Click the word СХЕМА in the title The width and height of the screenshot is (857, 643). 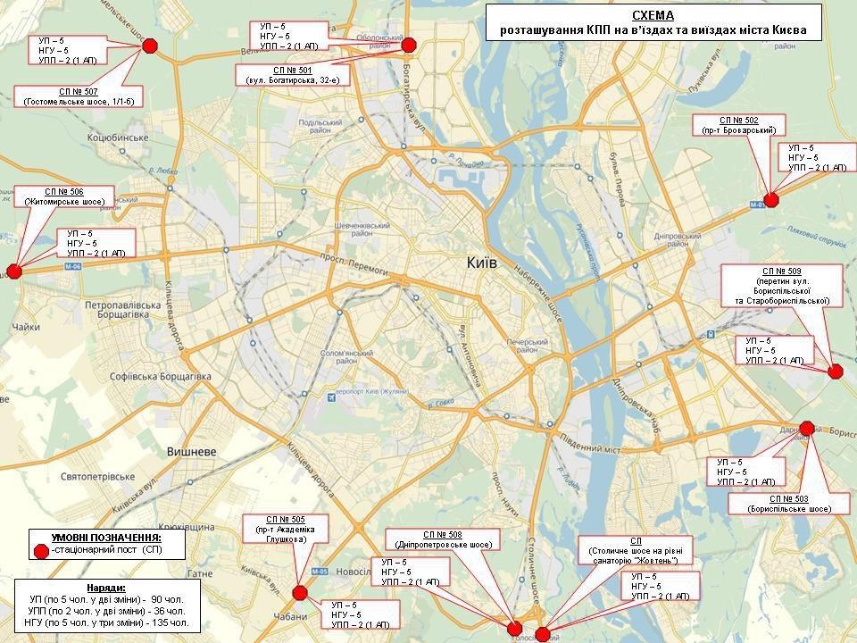pos(653,15)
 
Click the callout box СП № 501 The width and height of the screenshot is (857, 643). pos(293,75)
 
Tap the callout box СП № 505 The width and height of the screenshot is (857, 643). pos(286,530)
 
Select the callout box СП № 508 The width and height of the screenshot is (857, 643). pos(444,539)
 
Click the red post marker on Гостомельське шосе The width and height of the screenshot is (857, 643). pos(150,46)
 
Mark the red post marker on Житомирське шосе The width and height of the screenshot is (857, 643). pos(13,271)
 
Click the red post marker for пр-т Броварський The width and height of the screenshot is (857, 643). pos(772,200)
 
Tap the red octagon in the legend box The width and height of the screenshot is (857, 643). pos(39,552)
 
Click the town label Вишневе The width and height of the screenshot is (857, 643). pos(192,452)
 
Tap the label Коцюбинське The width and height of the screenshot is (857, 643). pos(117,138)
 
